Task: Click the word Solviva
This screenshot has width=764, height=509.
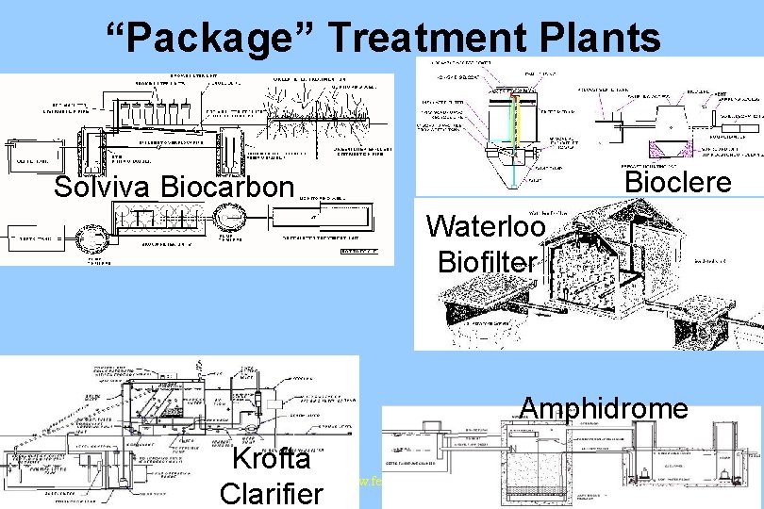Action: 103,187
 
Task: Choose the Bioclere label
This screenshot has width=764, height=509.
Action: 678,181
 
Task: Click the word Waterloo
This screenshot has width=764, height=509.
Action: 486,227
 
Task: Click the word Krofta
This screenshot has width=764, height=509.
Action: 271,459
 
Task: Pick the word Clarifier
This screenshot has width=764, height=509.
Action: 271,493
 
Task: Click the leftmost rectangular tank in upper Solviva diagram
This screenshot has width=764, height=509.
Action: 28,156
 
